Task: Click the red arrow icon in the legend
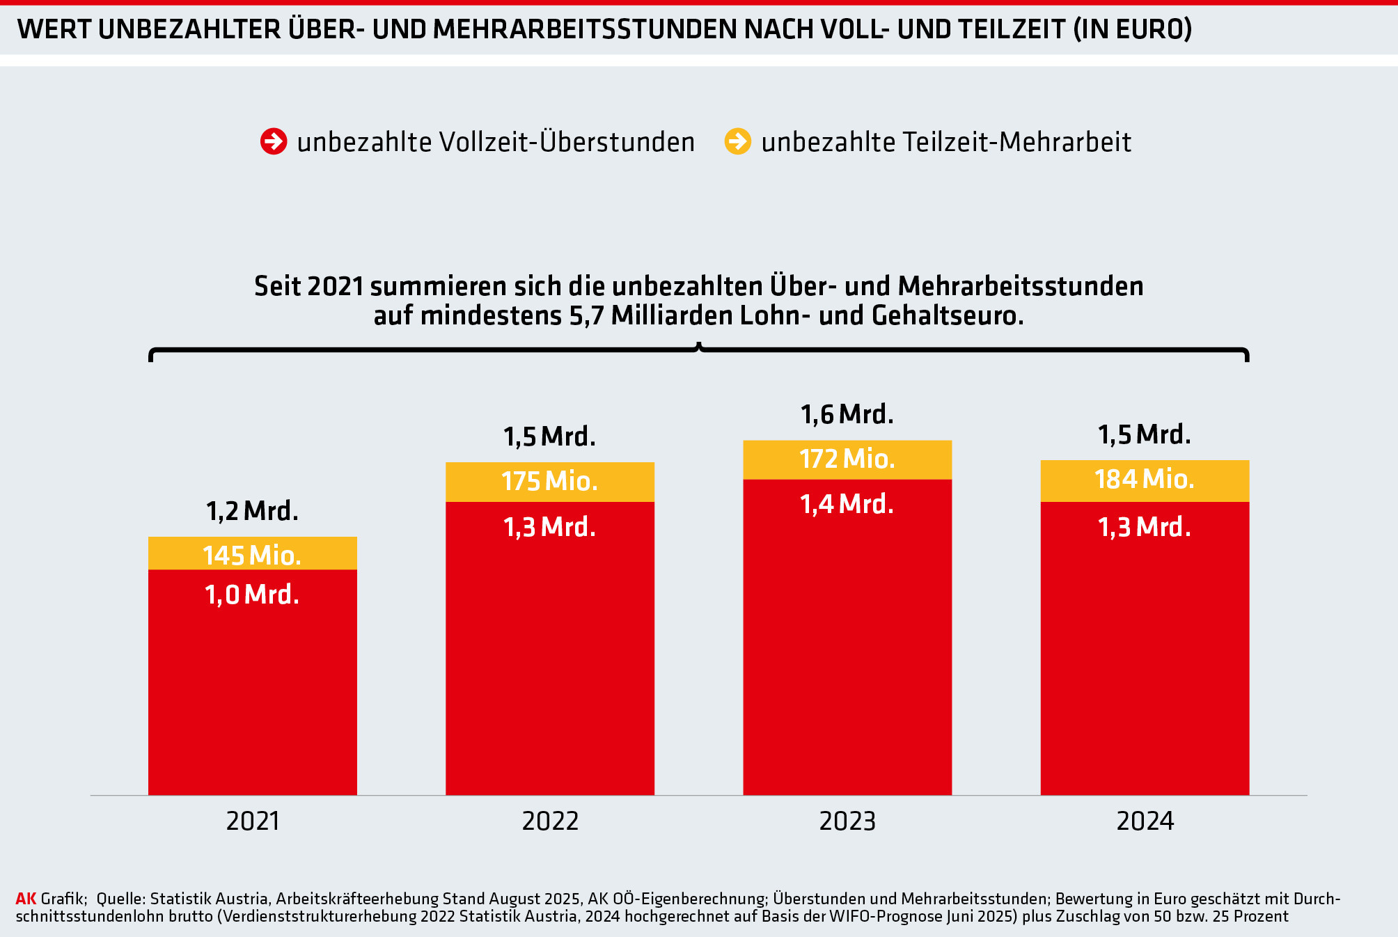(274, 141)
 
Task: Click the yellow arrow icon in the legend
(738, 141)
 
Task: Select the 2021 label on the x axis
(253, 821)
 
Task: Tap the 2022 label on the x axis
(550, 821)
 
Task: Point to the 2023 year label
(847, 821)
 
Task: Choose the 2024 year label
(1145, 821)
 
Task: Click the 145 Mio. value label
(252, 556)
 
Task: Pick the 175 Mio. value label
(550, 481)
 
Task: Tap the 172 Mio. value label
(847, 459)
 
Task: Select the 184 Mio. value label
(1145, 479)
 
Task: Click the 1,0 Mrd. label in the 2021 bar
(252, 595)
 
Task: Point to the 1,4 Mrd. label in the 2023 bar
(847, 504)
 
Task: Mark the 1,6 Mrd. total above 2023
(847, 415)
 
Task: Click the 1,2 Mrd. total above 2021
(252, 512)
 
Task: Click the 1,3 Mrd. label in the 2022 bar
(550, 527)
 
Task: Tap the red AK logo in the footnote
(26, 899)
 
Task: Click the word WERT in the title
(54, 29)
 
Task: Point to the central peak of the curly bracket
(699, 345)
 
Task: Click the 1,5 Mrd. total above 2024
(1145, 435)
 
